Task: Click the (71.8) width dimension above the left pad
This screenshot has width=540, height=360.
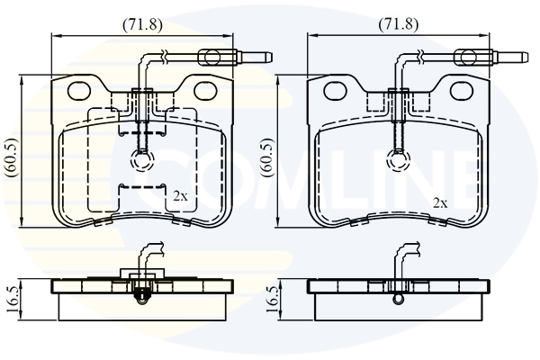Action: click(x=142, y=24)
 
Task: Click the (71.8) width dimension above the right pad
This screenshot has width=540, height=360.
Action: click(x=399, y=24)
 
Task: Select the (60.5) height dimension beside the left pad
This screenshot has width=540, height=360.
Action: click(x=12, y=157)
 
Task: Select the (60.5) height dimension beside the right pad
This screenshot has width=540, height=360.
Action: click(x=268, y=157)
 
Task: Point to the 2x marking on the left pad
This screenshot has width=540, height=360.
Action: click(x=180, y=196)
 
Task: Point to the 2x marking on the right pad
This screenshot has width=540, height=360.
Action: click(x=440, y=203)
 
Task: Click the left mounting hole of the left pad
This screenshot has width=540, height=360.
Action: click(x=79, y=90)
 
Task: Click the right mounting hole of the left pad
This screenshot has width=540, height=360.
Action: click(x=205, y=90)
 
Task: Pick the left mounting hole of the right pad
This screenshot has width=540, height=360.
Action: click(x=336, y=90)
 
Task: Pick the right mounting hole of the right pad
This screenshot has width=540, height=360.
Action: click(x=462, y=90)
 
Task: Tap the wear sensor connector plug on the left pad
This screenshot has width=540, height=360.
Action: click(x=236, y=57)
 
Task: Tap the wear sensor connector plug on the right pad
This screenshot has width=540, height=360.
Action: click(x=491, y=57)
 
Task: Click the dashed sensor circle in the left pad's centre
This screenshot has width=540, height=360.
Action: click(x=142, y=160)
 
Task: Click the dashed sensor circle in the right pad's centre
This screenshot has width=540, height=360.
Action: click(x=399, y=160)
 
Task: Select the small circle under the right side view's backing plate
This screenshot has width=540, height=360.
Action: click(x=399, y=299)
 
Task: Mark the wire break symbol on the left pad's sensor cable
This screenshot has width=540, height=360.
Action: click(x=165, y=58)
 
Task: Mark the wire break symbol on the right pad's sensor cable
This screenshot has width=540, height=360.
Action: click(x=421, y=58)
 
